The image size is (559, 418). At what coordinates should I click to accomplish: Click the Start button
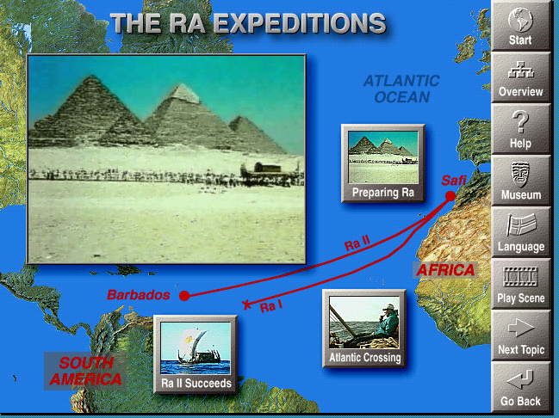[520, 26]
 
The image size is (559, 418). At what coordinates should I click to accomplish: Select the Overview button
[520, 77]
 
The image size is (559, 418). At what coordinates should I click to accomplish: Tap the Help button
[520, 129]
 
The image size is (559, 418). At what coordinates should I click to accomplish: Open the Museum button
[520, 181]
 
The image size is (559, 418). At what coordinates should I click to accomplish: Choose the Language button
[520, 232]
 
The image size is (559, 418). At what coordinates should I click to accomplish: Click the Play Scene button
[520, 284]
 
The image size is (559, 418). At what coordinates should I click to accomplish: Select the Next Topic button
[520, 335]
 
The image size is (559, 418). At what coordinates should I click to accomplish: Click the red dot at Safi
[450, 197]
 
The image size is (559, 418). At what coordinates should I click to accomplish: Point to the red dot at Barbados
[183, 296]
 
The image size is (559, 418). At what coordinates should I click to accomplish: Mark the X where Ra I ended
[247, 304]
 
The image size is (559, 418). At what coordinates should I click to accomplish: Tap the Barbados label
[139, 295]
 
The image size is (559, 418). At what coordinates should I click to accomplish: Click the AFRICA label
[445, 270]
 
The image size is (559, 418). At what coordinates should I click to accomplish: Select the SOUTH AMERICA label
[85, 371]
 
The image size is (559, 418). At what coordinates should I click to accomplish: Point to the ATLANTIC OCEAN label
[401, 89]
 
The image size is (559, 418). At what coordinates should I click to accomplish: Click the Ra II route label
[357, 244]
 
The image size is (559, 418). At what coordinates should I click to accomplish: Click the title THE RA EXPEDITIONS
[248, 23]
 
